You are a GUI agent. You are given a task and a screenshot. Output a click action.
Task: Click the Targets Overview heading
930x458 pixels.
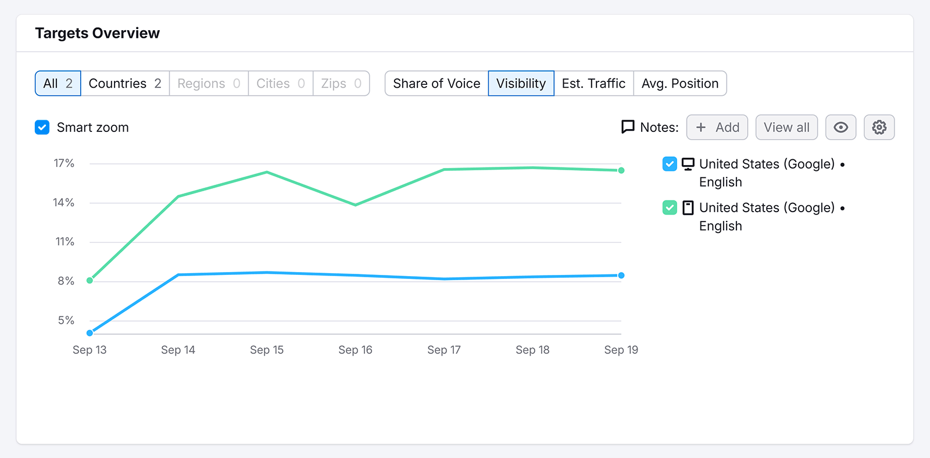pos(97,33)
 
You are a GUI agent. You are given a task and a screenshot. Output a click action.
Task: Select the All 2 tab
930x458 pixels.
pos(58,83)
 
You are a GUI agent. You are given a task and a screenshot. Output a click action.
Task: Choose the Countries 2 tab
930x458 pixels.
pos(124,83)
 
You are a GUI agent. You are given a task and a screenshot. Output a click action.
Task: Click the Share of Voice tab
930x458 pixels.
pos(437,83)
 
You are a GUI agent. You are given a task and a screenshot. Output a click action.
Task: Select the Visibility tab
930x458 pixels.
pos(521,83)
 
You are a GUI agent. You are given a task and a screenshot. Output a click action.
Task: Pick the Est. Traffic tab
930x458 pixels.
pos(593,83)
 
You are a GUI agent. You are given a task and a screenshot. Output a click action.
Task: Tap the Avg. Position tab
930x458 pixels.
pos(679,83)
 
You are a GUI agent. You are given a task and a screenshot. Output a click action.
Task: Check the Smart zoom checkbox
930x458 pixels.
pos(42,127)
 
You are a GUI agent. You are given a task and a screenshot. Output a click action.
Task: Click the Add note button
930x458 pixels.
pos(717,127)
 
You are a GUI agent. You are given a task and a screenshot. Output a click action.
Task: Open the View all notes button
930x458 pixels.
pos(786,127)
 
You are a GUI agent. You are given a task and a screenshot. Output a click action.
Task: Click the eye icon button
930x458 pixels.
pos(840,127)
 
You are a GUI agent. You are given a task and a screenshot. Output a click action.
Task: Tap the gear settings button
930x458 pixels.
pos(879,127)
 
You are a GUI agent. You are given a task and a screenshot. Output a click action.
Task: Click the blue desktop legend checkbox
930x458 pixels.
pos(670,164)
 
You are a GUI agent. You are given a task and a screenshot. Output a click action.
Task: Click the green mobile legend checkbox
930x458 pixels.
pos(670,207)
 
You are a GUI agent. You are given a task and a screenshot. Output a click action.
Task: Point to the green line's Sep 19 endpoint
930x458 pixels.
pos(621,170)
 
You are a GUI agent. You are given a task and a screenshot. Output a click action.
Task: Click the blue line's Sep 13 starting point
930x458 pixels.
pos(90,333)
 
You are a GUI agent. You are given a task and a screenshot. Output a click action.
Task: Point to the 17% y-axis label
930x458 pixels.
pos(64,163)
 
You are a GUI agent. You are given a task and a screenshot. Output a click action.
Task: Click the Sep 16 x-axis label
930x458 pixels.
pos(355,350)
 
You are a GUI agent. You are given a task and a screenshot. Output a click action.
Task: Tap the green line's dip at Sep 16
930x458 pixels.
pos(356,205)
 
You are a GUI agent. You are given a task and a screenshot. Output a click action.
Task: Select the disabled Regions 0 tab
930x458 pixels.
pos(208,83)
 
